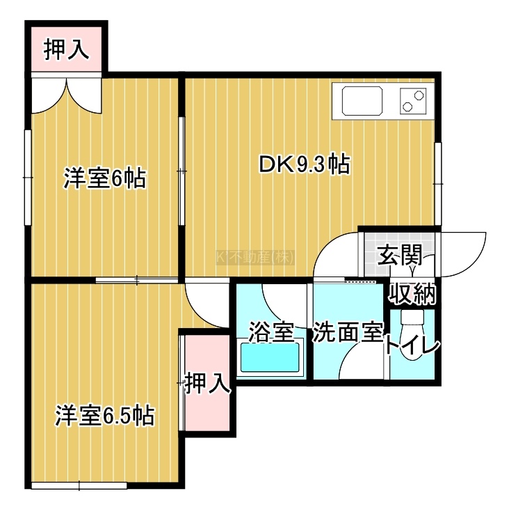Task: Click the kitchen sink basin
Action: point(362,100)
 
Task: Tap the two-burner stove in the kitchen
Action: point(413,101)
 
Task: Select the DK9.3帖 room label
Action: point(305,164)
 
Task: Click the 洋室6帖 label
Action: point(104,178)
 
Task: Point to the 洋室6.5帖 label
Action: point(105,415)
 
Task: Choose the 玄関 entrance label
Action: point(400,255)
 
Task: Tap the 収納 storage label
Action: point(412,294)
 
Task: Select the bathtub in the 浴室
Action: point(270,357)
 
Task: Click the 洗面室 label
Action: point(348,333)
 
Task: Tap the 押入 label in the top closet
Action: point(67,49)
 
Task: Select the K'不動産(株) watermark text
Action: point(255,257)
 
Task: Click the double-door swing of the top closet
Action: point(67,95)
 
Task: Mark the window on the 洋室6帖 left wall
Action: point(28,178)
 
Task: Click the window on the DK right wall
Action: point(438,184)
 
